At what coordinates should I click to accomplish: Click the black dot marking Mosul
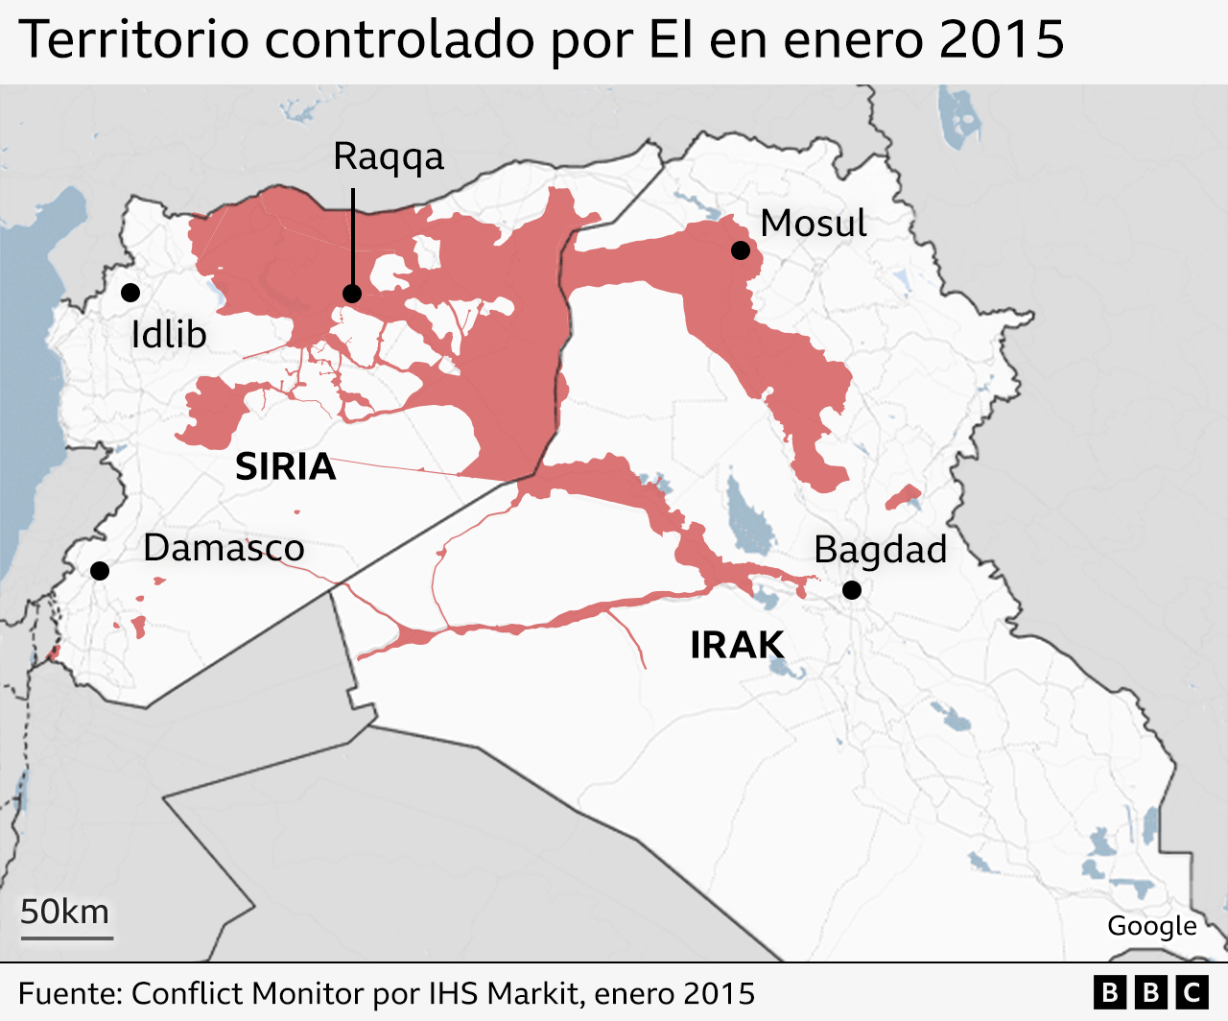[740, 250]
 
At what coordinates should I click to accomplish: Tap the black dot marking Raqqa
[352, 294]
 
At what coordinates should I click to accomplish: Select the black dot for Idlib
[130, 293]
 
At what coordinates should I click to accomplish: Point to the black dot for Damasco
[100, 571]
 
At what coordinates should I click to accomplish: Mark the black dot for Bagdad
[852, 590]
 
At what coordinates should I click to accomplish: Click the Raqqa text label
[389, 156]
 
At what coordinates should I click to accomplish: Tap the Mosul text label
[814, 224]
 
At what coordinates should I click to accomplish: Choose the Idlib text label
[169, 335]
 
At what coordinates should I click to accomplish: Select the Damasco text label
[224, 548]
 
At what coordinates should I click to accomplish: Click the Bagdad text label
[880, 550]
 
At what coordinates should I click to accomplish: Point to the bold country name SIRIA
[286, 466]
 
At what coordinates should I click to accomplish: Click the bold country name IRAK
[737, 645]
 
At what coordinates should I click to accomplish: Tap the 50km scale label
[65, 912]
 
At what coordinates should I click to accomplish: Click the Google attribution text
[1151, 926]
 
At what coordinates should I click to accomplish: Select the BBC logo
[1150, 992]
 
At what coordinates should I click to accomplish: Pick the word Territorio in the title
[133, 40]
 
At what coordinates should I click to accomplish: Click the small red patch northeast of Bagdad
[903, 497]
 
